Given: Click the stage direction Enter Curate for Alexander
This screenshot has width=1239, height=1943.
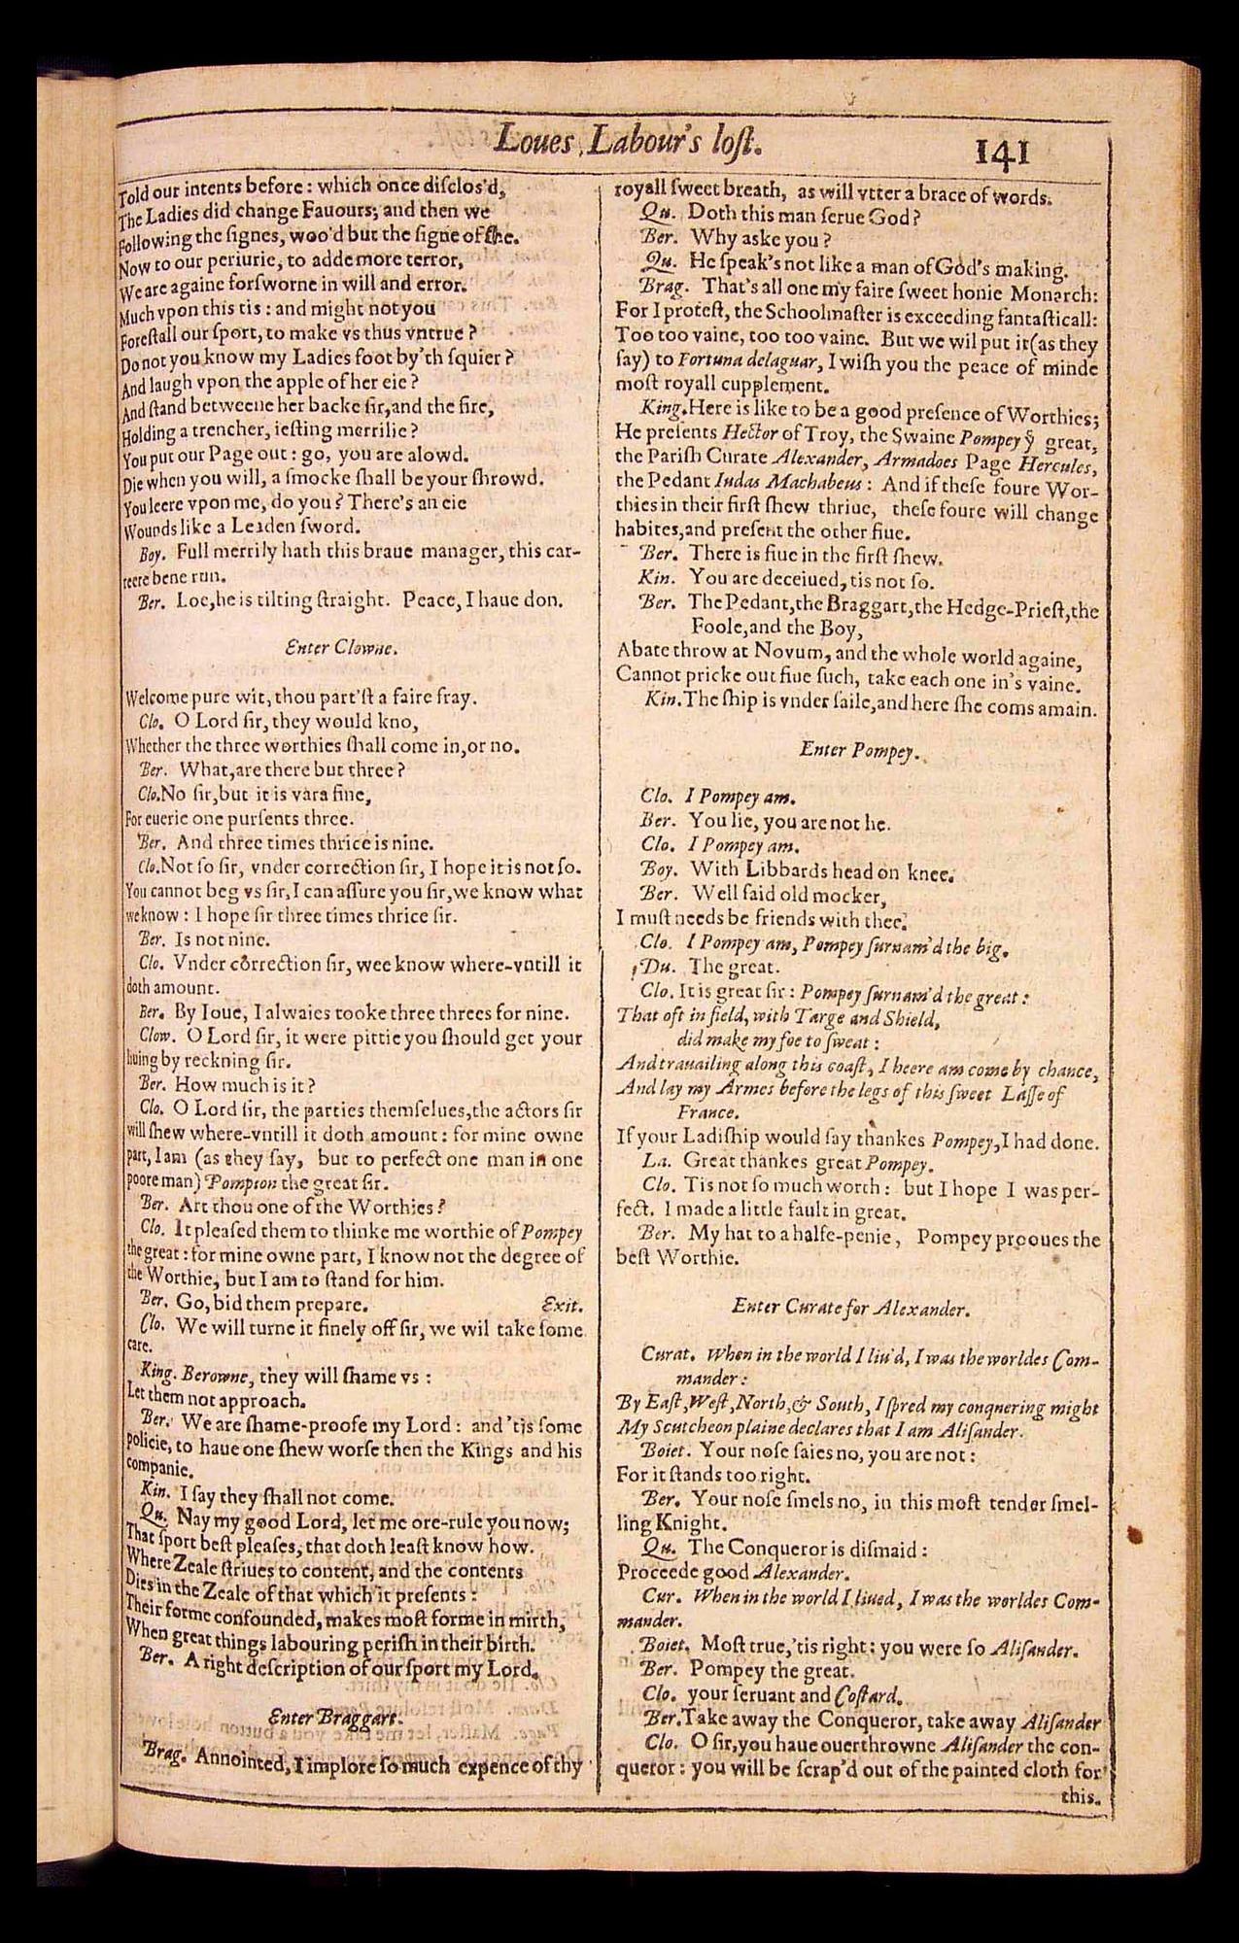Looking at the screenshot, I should coord(850,1308).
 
